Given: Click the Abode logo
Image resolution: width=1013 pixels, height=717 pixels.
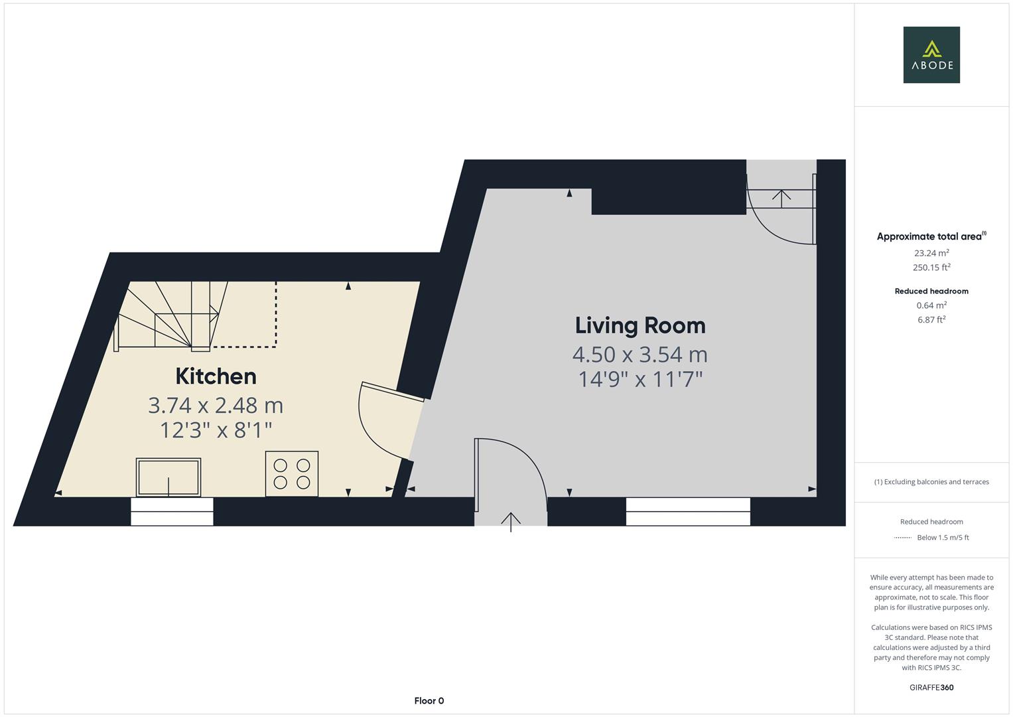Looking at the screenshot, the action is (931, 54).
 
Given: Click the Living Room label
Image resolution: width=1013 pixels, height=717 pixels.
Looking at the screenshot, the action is (640, 325).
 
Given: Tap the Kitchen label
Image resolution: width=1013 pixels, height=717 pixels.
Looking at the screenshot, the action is (216, 376).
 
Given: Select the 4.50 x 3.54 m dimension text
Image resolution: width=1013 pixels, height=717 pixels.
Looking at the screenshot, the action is (640, 355).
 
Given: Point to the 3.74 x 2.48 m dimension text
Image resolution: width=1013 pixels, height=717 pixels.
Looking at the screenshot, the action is (216, 405).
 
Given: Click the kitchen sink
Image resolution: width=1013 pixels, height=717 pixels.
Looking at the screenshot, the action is (169, 477).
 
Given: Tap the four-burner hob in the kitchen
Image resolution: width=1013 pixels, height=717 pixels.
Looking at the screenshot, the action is (292, 473).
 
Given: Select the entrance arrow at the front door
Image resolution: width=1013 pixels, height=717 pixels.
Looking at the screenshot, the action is (511, 522).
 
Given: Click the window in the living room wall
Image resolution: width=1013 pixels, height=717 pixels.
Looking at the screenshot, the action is (688, 511).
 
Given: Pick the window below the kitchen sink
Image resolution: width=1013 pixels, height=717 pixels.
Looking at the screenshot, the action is (172, 511).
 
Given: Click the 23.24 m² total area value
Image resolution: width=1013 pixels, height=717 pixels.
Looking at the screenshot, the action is (931, 252).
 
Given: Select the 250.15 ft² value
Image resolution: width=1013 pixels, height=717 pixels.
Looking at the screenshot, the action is (931, 267).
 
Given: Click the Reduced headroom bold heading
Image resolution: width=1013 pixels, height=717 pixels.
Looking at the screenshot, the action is (931, 291).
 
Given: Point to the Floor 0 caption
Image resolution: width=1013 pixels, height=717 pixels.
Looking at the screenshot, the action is (429, 700).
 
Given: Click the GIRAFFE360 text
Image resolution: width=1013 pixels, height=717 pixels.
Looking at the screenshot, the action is (931, 687).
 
